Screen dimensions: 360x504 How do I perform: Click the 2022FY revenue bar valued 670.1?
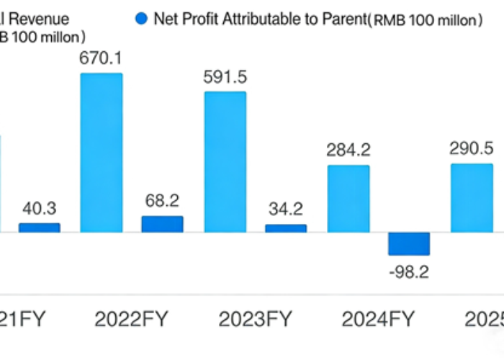tap(101, 153)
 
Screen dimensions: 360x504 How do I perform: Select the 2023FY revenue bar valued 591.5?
tap(225, 162)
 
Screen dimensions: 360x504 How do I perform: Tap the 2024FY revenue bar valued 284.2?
tap(348, 199)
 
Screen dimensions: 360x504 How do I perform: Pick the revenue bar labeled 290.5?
tap(472, 198)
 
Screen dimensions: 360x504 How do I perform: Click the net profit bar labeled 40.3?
tap(40, 228)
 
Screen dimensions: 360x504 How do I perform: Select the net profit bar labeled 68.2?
tap(162, 224)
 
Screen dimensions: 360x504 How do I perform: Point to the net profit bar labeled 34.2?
tap(286, 228)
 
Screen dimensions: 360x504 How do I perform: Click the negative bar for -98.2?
tap(409, 243)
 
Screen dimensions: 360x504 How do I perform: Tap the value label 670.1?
tap(100, 58)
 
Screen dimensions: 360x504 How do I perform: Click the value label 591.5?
tap(225, 78)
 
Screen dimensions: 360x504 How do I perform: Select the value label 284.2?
tap(348, 150)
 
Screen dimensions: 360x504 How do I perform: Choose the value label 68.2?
tap(162, 201)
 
